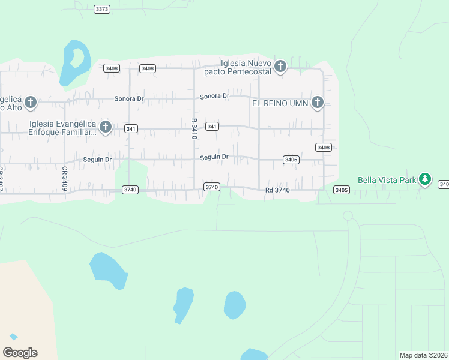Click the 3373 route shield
(x=103, y=9)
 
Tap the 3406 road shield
(x=291, y=160)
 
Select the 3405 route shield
(x=342, y=190)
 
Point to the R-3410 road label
(x=194, y=128)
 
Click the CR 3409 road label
(x=64, y=179)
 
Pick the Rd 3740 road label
(x=277, y=190)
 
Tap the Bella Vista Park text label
(x=387, y=179)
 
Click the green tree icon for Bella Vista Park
(x=425, y=179)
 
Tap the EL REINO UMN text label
(x=280, y=103)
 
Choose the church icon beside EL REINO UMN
(x=318, y=103)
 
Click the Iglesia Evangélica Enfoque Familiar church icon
(x=106, y=127)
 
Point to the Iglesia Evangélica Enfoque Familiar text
(x=62, y=128)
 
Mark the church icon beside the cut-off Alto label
(x=30, y=102)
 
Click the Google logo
(x=20, y=353)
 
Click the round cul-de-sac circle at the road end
(x=348, y=215)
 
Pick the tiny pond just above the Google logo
(x=13, y=337)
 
